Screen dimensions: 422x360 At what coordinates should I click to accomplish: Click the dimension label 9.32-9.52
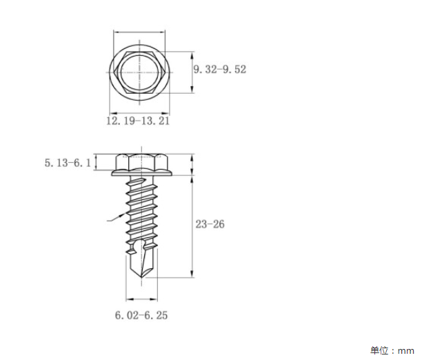point(220,70)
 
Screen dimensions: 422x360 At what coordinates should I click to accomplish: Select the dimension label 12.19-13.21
point(138,121)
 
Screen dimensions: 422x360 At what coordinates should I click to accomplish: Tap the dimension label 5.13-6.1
point(68,163)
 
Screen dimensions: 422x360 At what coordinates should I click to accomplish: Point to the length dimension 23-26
point(210,224)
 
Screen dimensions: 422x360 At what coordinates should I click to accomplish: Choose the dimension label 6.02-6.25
point(141,315)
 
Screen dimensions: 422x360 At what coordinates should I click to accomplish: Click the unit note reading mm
point(406,351)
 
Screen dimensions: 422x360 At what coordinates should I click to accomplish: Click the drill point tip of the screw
point(142,279)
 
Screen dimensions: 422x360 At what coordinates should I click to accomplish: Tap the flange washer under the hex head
point(142,173)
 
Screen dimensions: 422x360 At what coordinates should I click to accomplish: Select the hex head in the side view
point(142,163)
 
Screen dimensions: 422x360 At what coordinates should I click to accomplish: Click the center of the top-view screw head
point(139,72)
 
